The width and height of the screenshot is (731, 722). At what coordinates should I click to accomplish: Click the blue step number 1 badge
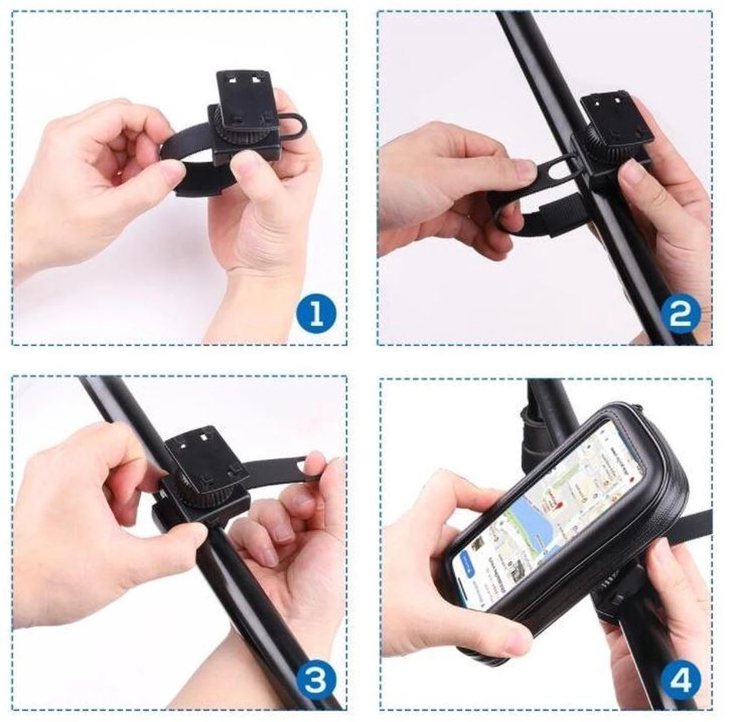316,315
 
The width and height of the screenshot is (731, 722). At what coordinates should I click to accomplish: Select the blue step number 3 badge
316,680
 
